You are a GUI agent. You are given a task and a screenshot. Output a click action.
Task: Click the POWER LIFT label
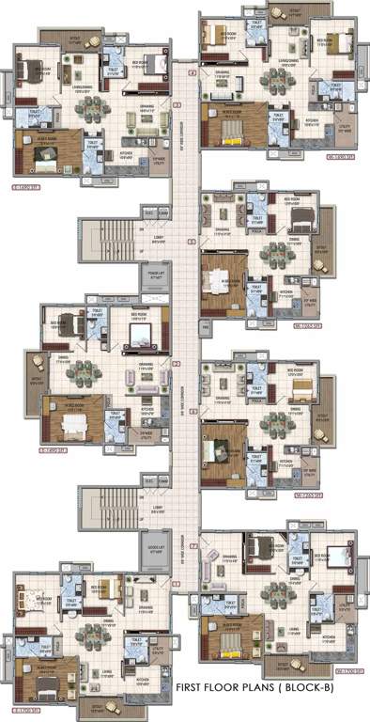click(157, 278)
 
